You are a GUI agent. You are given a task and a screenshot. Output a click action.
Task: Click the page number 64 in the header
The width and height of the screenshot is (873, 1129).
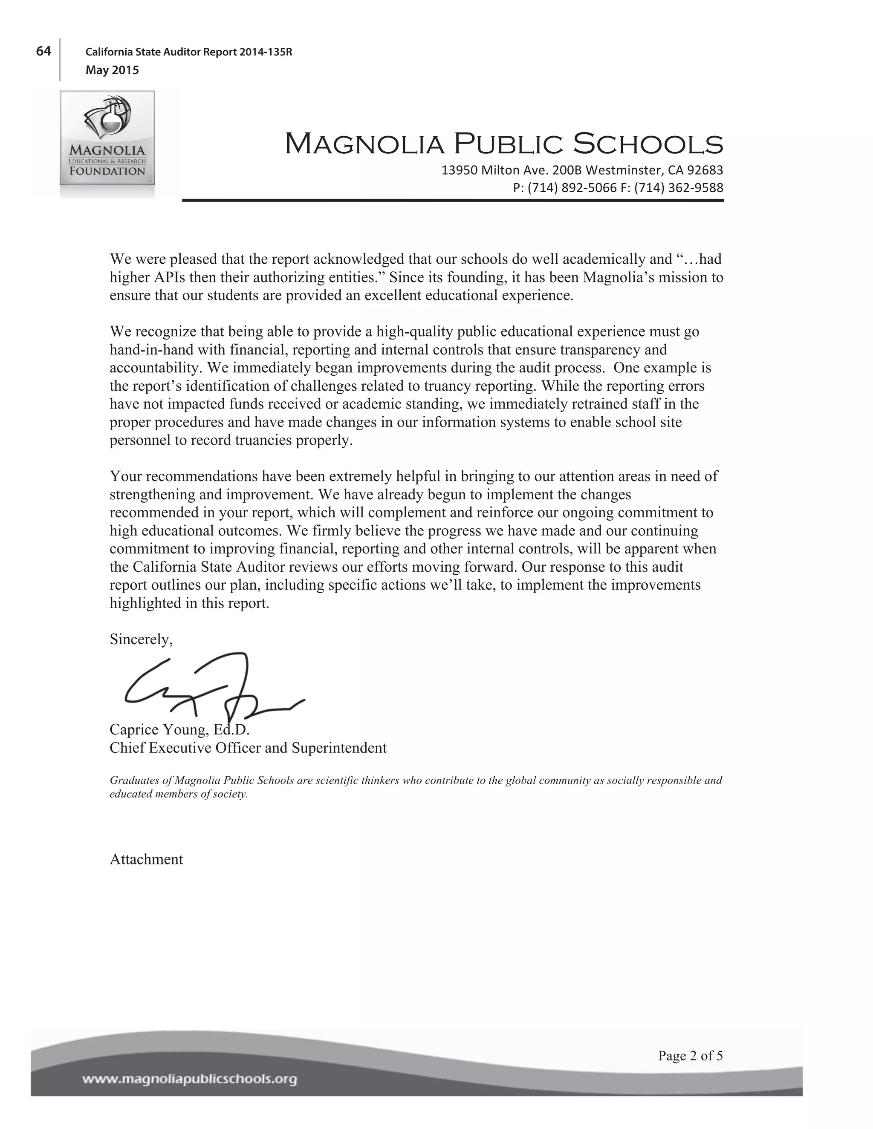(x=43, y=51)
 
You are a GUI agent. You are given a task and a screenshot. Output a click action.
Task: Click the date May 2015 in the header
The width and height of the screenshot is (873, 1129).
(x=112, y=70)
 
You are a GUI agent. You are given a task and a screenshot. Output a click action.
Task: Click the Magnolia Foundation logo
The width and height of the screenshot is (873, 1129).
(x=107, y=138)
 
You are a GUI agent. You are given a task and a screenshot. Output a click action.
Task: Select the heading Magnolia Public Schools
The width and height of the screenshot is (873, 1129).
(x=504, y=144)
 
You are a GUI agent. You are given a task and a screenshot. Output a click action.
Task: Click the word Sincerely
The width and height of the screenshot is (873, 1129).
(x=141, y=640)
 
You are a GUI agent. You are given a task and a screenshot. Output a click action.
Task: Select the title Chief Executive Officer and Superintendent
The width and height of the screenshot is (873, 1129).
(x=248, y=748)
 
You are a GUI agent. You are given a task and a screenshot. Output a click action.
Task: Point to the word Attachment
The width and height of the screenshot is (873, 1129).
(x=146, y=860)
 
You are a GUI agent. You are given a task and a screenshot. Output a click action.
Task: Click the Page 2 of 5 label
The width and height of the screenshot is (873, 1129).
(x=690, y=1056)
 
